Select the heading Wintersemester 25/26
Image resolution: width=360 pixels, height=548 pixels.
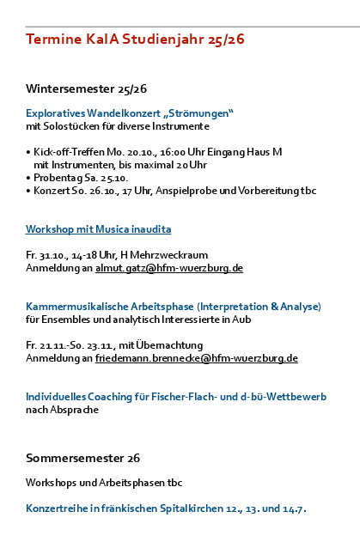point(86,89)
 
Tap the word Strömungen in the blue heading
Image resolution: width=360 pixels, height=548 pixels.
point(198,113)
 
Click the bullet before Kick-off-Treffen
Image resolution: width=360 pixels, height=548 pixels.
point(28,151)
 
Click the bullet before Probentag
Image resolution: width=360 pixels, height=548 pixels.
point(28,177)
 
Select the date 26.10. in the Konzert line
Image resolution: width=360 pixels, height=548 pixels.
point(98,190)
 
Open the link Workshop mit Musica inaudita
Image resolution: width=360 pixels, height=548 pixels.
point(99,229)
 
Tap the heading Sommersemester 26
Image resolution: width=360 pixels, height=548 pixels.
point(82,458)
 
